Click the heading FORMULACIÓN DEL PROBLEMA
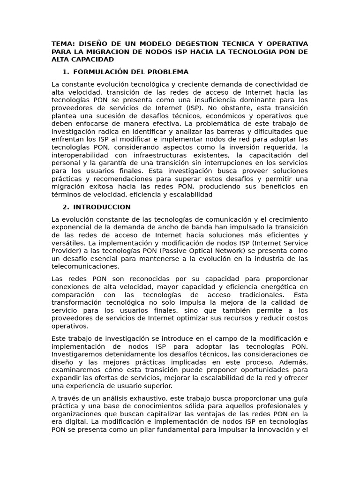131,72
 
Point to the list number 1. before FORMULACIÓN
66,72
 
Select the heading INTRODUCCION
102,207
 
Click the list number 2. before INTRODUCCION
66,207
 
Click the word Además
294,362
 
